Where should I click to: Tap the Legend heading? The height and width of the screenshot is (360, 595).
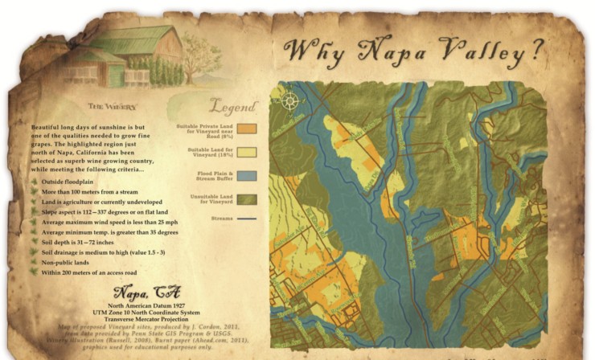233,106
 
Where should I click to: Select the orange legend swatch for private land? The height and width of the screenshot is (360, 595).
247,128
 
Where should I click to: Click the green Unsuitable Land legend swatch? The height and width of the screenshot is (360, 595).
247,198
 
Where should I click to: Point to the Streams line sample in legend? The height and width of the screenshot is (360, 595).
247,217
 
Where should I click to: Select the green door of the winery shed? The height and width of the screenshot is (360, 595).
117,76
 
